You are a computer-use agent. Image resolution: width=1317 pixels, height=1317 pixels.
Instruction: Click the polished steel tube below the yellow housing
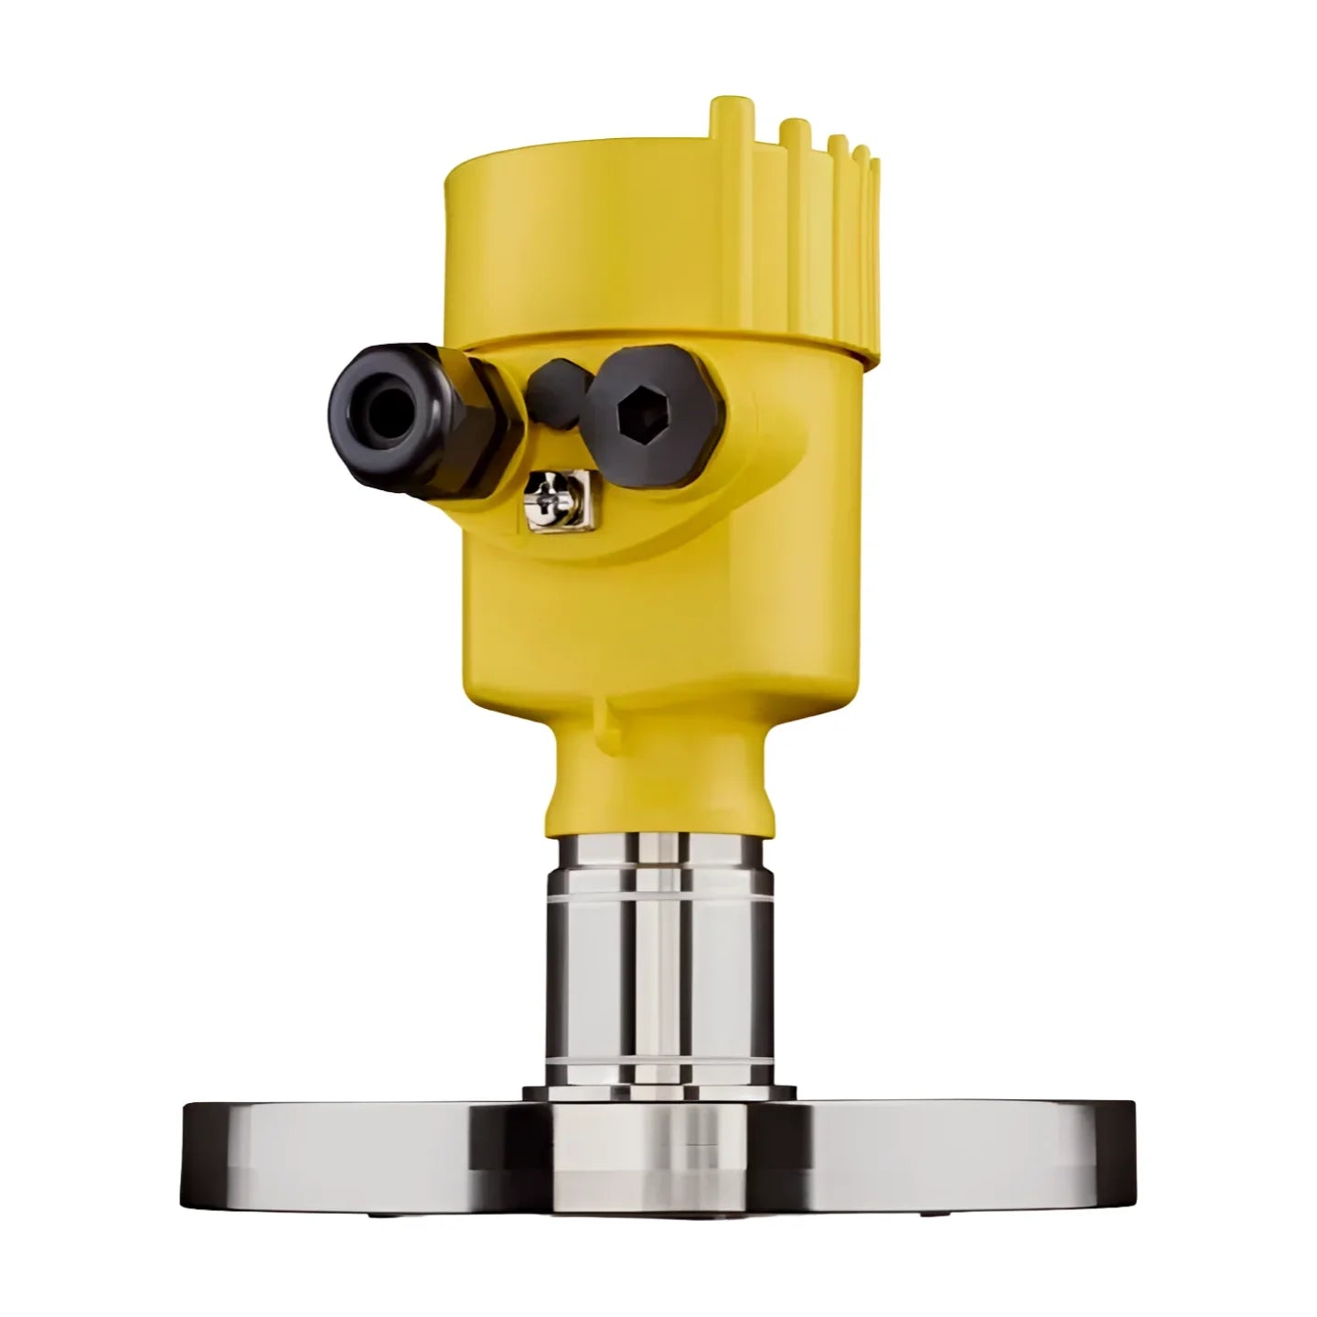tap(660, 960)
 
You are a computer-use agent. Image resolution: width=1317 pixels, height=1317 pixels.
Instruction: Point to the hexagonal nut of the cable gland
tap(476, 421)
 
